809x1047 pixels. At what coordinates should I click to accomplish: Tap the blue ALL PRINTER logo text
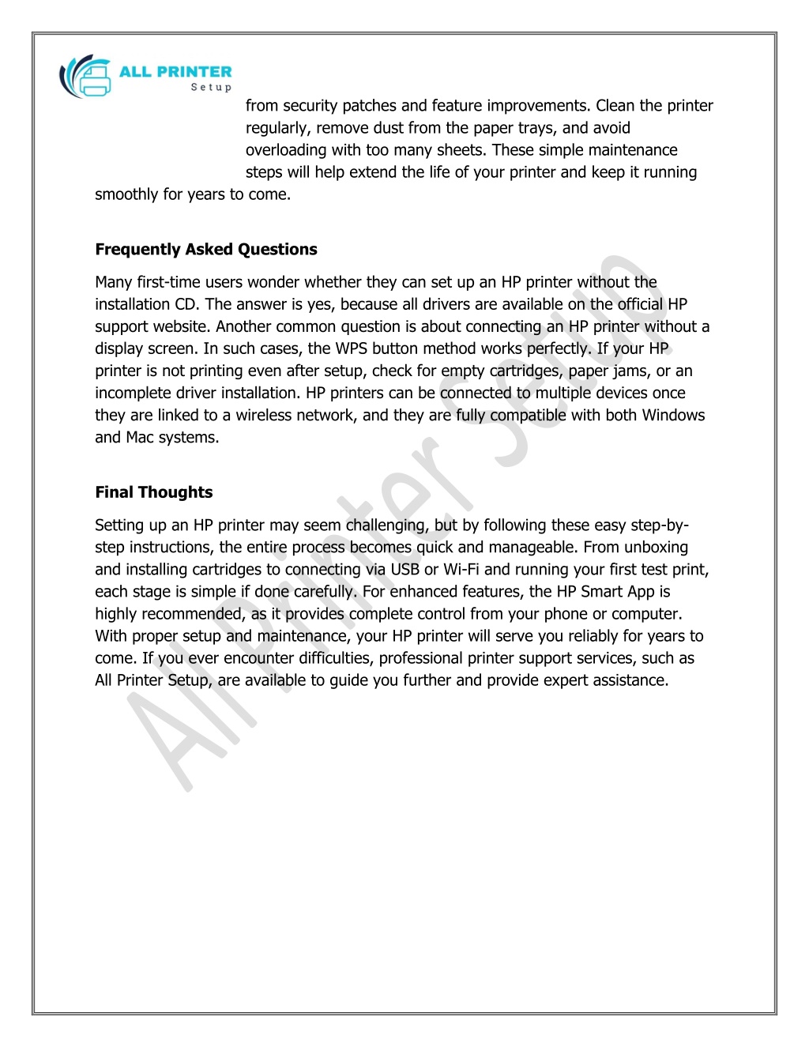(175, 72)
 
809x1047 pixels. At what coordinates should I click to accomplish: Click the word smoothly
(126, 194)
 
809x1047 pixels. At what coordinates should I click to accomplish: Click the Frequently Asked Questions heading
(206, 250)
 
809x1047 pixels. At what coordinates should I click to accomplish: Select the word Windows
(673, 415)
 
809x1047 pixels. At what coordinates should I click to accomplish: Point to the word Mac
(140, 437)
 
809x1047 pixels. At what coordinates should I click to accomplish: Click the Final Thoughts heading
(154, 492)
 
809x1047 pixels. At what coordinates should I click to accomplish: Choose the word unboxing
(656, 548)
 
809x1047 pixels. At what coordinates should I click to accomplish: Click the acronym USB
(404, 570)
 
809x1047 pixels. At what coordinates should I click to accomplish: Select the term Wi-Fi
(461, 570)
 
